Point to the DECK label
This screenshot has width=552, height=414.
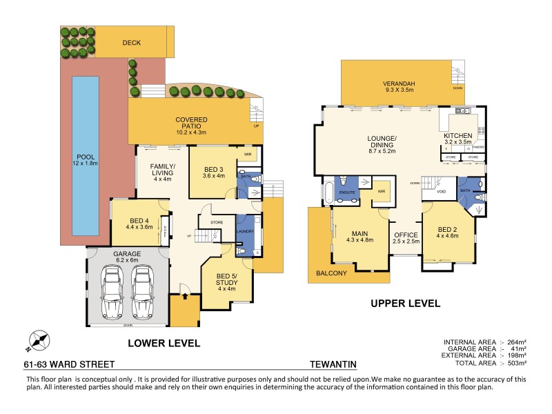pos(132,43)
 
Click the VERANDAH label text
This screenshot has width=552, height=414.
pos(398,85)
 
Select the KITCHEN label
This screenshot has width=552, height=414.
pos(457,135)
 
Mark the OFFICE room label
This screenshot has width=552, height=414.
pos(406,235)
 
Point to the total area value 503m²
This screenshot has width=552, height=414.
pos(515,362)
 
